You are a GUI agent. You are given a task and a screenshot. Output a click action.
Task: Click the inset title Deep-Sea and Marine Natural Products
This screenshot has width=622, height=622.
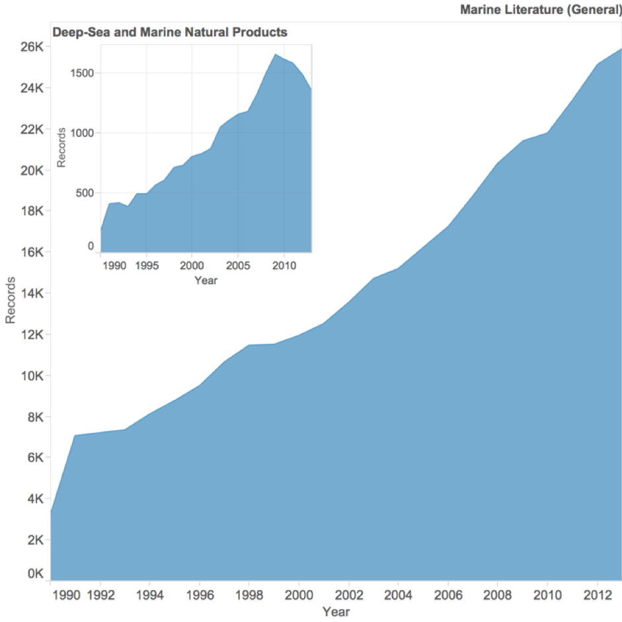169,32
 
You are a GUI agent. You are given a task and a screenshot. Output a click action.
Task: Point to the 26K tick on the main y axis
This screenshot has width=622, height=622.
29,48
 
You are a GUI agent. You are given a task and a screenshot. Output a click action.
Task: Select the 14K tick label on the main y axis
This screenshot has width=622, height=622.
29,293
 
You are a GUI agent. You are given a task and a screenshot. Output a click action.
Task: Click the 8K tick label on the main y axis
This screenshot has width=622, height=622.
32,417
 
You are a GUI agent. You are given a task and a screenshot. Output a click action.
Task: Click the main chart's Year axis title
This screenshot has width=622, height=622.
336,612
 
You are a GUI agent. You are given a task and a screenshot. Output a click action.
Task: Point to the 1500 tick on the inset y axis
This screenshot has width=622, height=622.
80,73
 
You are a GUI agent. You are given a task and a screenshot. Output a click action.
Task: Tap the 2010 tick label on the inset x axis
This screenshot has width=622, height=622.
284,266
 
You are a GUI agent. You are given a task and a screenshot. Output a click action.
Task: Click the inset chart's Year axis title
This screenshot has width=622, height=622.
206,280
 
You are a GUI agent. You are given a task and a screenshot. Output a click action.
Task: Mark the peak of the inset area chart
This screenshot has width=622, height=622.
274,54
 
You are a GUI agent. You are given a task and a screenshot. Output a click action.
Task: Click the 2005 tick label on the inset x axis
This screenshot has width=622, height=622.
237,266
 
